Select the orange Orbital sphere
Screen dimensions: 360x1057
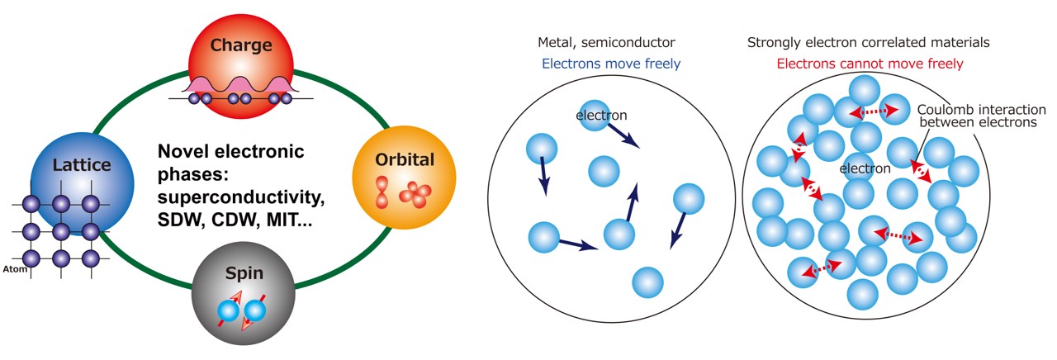392,173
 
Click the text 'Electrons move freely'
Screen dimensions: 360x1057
610,63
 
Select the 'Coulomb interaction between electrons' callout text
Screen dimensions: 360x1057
978,116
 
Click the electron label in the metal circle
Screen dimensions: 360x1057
602,116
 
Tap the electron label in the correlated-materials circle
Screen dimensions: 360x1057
865,168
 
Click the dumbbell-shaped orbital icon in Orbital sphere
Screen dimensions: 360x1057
382,192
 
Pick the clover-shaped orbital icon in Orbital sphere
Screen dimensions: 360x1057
415,193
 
